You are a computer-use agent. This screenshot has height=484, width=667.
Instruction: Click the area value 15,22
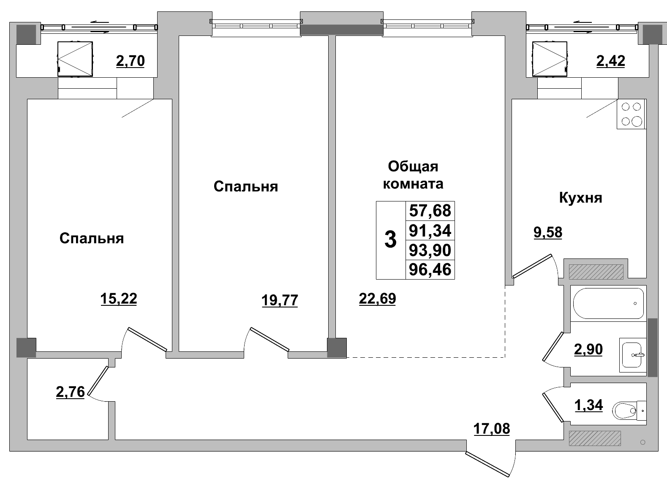tap(119, 299)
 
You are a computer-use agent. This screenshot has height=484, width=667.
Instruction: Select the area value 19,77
tap(280, 300)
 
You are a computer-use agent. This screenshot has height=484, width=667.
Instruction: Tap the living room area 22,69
tap(377, 299)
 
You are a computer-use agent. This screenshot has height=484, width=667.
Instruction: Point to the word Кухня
tap(580, 198)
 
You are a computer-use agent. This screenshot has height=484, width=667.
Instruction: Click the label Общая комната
tap(413, 175)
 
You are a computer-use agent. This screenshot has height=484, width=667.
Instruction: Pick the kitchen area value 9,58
tap(548, 232)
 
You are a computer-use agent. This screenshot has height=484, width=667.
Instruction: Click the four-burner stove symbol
tap(631, 114)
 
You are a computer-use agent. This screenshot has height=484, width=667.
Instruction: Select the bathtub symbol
tap(608, 303)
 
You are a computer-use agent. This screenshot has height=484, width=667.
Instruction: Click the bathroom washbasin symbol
tap(632, 355)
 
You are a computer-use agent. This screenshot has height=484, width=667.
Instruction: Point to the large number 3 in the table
tap(391, 240)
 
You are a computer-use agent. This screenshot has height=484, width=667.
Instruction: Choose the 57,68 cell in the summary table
tap(430, 210)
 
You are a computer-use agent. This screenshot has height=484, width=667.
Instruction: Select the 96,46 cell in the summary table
tap(430, 269)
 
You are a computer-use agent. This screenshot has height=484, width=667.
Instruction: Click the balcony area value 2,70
tap(130, 61)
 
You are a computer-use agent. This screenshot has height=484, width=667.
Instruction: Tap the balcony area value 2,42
tap(610, 61)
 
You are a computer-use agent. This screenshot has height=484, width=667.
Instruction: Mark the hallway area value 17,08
tap(491, 429)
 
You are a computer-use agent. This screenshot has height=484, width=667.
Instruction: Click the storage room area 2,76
tap(70, 392)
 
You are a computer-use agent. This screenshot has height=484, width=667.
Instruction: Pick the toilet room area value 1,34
tap(588, 405)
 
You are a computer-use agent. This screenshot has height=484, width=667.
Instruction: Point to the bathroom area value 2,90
tap(588, 349)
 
